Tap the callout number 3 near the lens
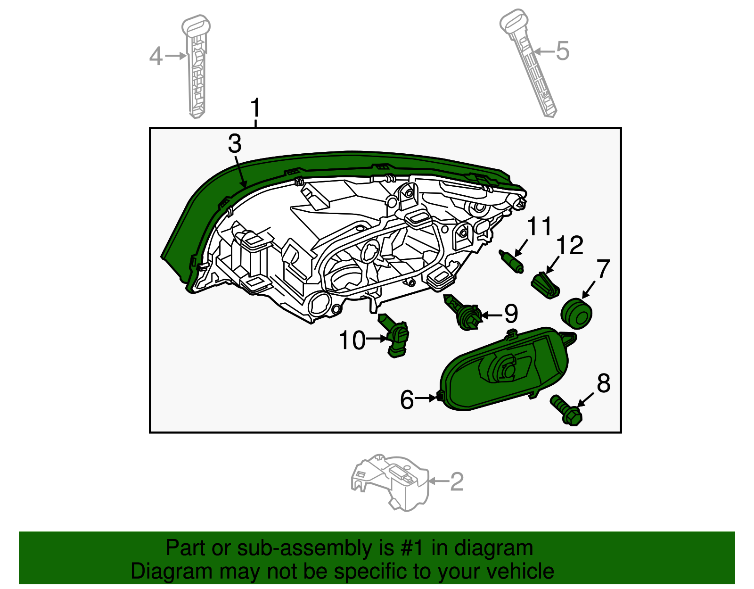234,144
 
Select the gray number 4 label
156,57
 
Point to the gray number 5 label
562,50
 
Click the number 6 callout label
407,400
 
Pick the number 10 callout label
352,340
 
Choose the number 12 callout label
570,246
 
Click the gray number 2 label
457,481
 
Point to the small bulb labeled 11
511,262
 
